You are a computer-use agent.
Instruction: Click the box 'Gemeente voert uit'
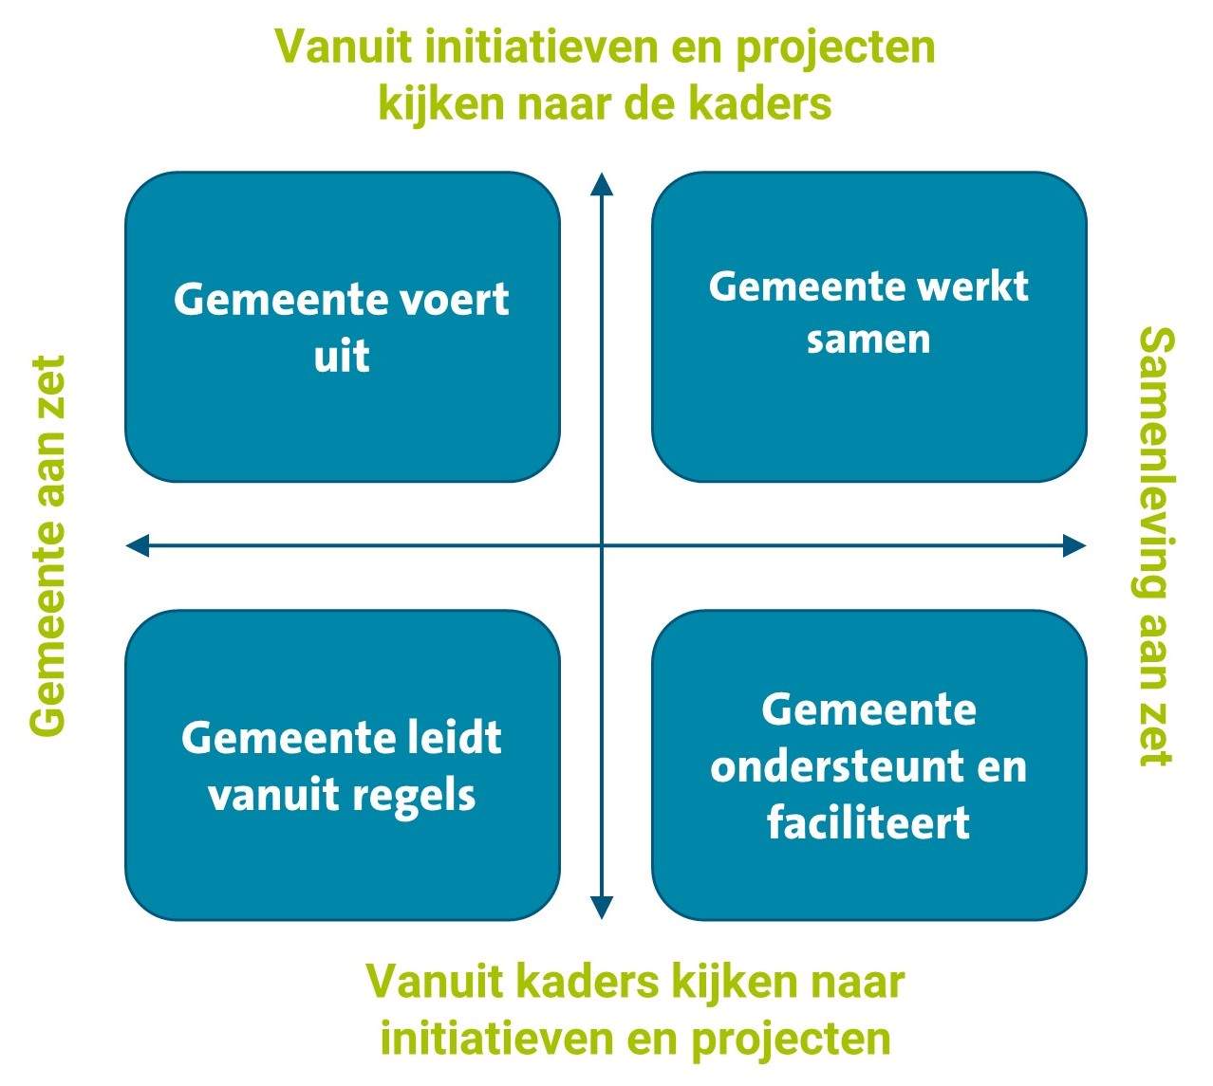(343, 326)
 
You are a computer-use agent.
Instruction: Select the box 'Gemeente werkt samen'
(868, 326)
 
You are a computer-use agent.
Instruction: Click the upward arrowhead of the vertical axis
(602, 183)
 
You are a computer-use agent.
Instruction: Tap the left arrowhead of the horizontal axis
(137, 545)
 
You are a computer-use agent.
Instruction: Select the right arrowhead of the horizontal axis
(1074, 545)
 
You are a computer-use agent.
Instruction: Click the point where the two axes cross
(602, 545)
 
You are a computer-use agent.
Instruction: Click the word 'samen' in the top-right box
(868, 340)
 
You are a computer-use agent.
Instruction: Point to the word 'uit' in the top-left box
(342, 356)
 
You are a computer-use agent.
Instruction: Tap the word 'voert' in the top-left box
(455, 301)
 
